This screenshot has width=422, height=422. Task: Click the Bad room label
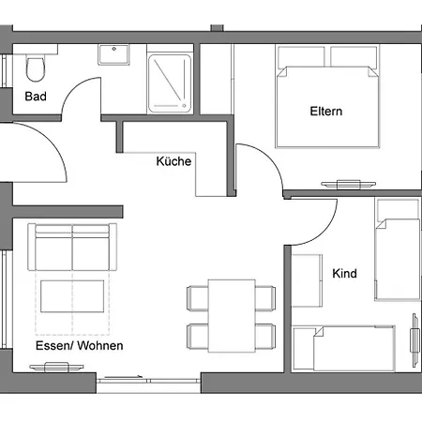point(36,97)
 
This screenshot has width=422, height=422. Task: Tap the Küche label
point(173,161)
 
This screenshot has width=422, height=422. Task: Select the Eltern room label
point(326,112)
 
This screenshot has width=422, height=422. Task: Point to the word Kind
point(344,273)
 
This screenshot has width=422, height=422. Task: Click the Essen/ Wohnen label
point(80,345)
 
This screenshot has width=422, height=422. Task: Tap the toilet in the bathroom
point(36,68)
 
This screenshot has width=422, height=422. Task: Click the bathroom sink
point(113,54)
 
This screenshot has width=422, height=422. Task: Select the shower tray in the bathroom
point(170,83)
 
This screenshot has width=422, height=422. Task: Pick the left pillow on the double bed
point(301,56)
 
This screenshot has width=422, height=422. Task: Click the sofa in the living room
point(72,247)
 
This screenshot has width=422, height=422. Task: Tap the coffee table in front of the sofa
point(72,296)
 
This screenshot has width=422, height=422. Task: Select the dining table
point(232,316)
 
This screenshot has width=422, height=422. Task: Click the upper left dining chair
point(198,298)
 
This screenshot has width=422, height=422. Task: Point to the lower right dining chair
point(265,337)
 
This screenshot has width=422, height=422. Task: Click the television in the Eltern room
point(349,185)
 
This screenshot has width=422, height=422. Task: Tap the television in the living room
point(56,367)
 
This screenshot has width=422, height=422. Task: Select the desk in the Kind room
point(307,280)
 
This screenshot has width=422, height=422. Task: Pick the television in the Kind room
point(414,340)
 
